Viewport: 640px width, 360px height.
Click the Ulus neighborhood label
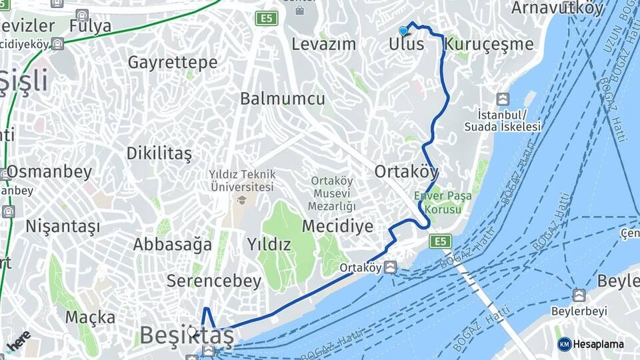[x=406, y=45]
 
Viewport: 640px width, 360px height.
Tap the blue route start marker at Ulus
[x=403, y=31]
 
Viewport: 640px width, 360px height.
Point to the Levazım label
[x=324, y=45]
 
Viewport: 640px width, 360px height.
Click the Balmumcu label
[x=283, y=99]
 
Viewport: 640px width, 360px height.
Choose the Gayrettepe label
[x=173, y=63]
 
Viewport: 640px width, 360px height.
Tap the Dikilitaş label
[x=159, y=153]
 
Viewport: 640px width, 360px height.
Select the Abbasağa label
[x=172, y=244]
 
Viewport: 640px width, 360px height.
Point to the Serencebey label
[x=214, y=281]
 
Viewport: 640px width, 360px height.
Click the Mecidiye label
[x=337, y=226]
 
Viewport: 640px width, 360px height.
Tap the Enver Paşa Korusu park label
[x=438, y=202]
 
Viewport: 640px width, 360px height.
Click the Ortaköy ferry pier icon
[x=390, y=267]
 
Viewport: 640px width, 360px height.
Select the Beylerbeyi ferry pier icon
[x=579, y=295]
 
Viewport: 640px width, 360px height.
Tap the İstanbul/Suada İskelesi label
[x=503, y=121]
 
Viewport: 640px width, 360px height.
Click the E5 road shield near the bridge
[x=440, y=241]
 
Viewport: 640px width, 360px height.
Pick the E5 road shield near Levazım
[x=267, y=19]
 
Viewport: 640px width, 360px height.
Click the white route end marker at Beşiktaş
[x=192, y=331]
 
